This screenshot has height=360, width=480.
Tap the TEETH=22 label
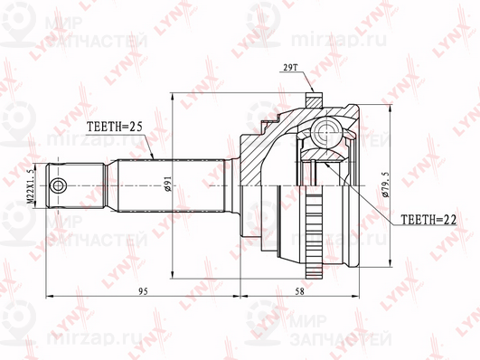[x=422, y=218]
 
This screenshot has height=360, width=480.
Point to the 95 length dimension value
[x=143, y=290]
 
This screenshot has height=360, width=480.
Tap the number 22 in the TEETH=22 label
[x=440, y=218]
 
